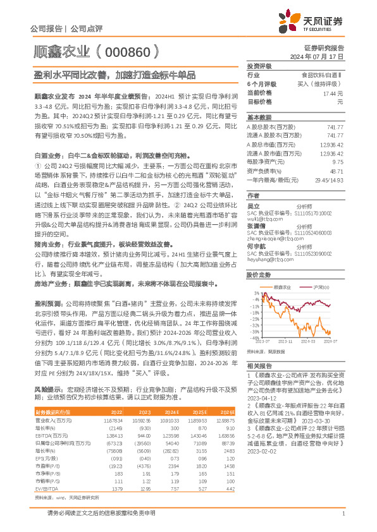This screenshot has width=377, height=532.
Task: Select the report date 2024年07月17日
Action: point(323,56)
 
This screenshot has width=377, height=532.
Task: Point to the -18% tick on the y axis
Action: point(254,314)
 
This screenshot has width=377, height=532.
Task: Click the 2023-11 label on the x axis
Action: point(287,342)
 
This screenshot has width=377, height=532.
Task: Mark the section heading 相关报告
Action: point(259,366)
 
